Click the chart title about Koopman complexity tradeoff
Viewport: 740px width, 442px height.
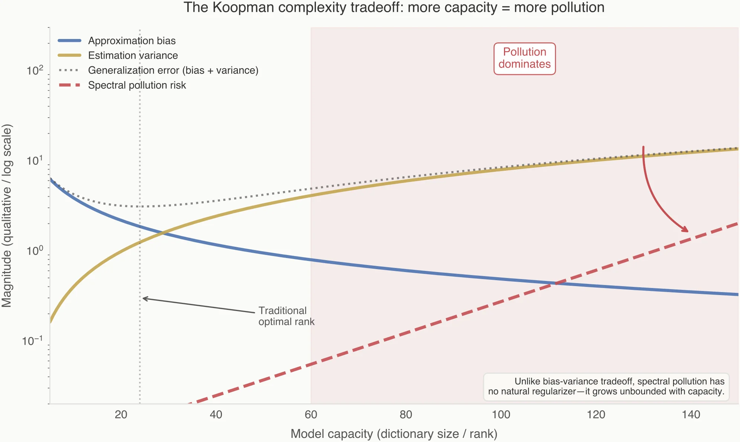pos(394,7)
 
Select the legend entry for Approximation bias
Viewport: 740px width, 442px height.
pos(132,41)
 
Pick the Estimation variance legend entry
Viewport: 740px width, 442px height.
pos(133,56)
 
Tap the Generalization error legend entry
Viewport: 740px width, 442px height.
pos(173,71)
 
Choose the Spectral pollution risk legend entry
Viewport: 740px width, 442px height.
pos(137,85)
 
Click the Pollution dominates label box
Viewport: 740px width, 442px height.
pos(524,58)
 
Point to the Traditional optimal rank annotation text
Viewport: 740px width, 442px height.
pos(286,316)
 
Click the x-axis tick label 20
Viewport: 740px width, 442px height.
pos(121,415)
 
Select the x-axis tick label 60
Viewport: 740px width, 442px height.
pos(311,415)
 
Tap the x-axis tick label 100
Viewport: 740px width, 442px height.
pos(501,415)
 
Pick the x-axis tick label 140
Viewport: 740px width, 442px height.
pos(691,415)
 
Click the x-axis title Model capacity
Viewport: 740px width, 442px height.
pos(394,433)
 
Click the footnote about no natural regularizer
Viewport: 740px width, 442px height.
pos(606,387)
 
